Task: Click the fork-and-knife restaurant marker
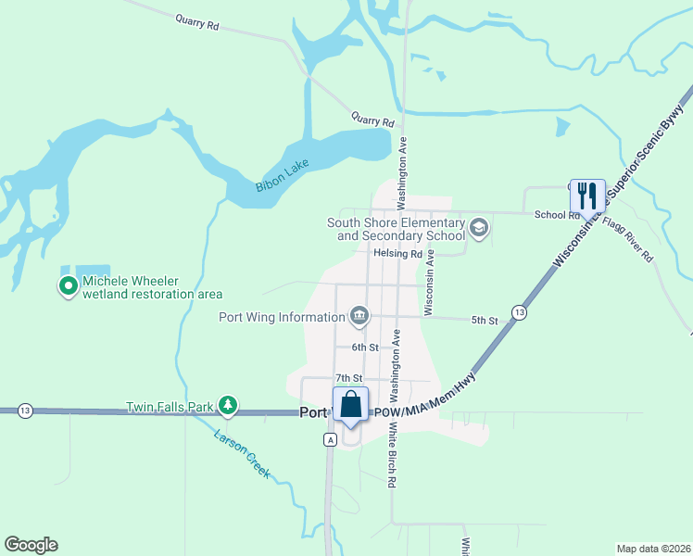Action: click(587, 195)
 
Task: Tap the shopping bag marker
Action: click(351, 405)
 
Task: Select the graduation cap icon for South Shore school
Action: click(479, 228)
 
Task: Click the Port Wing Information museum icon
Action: click(359, 317)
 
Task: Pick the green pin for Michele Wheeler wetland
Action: click(68, 287)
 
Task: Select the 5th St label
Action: click(485, 321)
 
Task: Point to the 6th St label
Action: click(365, 347)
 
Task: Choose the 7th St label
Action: click(347, 378)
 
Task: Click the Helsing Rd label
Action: click(397, 253)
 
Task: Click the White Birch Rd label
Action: click(393, 456)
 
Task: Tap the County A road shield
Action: click(329, 439)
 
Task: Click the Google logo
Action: click(31, 545)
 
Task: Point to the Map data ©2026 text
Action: click(652, 549)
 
